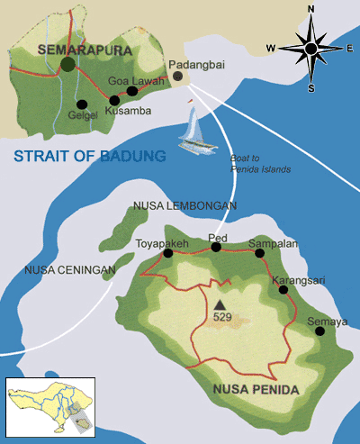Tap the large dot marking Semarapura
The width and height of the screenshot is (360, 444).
[x=67, y=64]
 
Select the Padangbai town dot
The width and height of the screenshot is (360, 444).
[x=178, y=77]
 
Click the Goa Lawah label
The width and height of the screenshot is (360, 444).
[x=130, y=80]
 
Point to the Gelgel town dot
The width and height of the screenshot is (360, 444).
[x=81, y=103]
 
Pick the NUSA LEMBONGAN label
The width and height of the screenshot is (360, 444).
[x=184, y=205]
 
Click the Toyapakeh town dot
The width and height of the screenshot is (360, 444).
[x=168, y=254]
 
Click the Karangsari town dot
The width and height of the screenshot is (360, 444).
[x=274, y=290]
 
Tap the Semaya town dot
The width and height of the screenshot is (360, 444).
[x=319, y=331]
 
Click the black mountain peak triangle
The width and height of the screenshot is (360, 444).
[x=219, y=304]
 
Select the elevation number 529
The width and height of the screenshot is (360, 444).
[x=222, y=318]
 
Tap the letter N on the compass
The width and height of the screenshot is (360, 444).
[x=311, y=12]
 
